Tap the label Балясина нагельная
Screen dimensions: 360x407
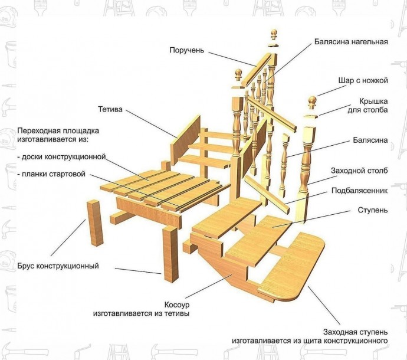[x=350, y=42]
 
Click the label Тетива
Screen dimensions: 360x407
[x=110, y=109]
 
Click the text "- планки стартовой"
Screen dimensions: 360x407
[x=51, y=174]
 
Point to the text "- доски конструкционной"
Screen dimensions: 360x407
[x=61, y=157]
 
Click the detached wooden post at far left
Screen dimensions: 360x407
[x=95, y=222]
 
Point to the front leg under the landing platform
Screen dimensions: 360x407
[x=170, y=253]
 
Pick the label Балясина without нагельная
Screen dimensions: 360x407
[x=370, y=140]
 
